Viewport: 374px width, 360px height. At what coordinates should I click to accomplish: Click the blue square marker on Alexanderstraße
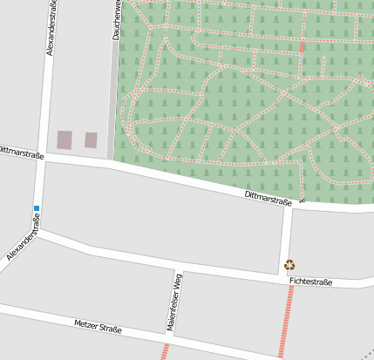pos(37,207)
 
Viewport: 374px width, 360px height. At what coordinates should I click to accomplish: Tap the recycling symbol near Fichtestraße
pos(290,264)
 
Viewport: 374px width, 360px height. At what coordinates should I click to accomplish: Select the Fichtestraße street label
pos(311,282)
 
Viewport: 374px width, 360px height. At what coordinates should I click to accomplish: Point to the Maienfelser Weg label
pos(174,302)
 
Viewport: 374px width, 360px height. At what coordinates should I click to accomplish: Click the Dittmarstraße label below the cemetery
pos(269,198)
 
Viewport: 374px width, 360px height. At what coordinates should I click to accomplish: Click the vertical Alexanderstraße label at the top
pos(50,29)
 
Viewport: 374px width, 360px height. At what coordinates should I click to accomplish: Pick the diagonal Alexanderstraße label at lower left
pos(24,243)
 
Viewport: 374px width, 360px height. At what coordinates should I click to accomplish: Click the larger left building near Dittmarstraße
pos(65,139)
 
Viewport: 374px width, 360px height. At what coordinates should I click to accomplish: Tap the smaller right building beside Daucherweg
pos(91,139)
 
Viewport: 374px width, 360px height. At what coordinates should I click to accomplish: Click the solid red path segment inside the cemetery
pos(303,47)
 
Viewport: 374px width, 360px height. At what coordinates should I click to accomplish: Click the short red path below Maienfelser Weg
pos(164,352)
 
